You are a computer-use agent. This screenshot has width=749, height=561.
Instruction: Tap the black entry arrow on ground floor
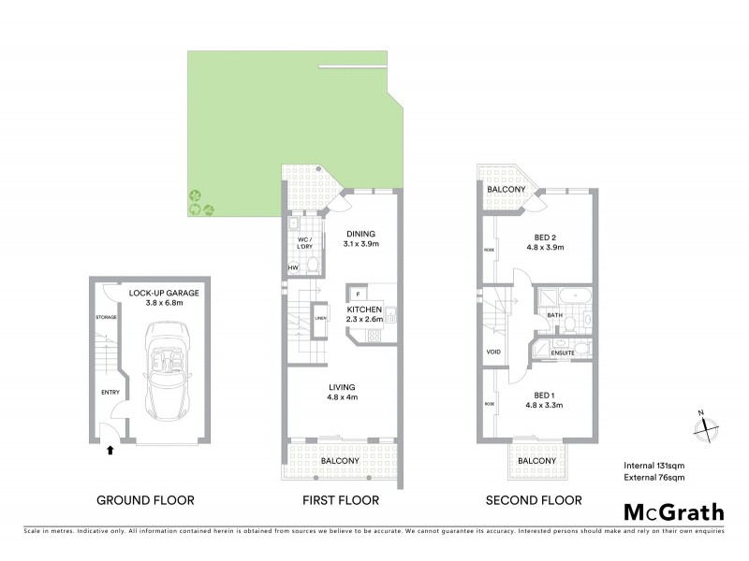(x=110, y=450)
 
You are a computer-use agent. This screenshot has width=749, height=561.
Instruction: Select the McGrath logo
(x=672, y=511)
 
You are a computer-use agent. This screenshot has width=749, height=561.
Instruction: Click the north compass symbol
(x=704, y=425)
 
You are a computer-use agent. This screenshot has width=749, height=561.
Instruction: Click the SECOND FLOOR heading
(x=534, y=500)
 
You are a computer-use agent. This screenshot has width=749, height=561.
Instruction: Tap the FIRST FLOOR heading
(x=340, y=500)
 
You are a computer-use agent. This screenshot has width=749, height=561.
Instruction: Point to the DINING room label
(x=360, y=234)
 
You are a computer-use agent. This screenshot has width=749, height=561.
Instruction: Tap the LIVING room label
(x=341, y=386)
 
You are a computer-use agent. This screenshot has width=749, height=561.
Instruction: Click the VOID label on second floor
(x=494, y=352)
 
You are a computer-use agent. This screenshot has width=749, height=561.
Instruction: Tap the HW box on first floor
(x=293, y=269)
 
